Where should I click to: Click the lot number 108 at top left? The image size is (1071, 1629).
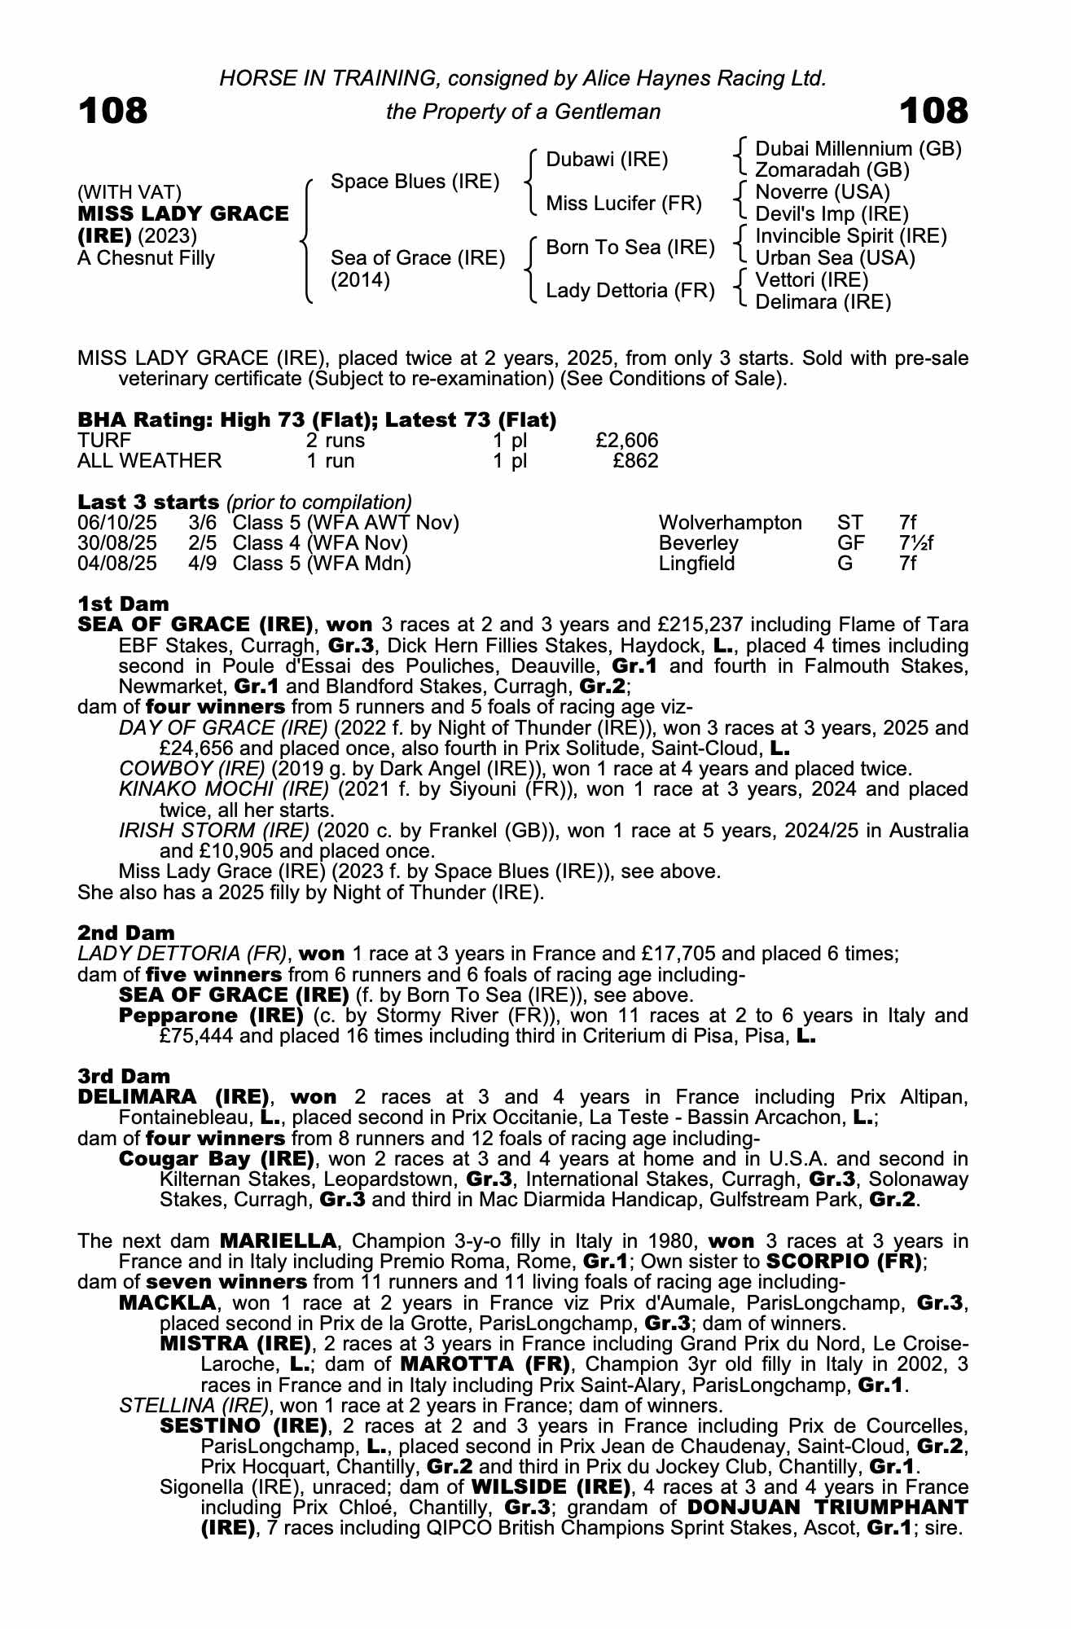coord(113,111)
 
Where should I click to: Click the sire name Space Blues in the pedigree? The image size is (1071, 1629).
coord(415,182)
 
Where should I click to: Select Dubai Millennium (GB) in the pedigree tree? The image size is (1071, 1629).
coord(858,149)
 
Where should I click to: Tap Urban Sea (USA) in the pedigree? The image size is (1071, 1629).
coord(835,258)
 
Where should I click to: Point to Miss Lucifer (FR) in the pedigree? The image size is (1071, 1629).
coord(623,203)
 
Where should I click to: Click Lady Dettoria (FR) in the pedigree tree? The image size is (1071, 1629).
coord(630,290)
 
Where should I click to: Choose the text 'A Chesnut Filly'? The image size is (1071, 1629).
coord(146,258)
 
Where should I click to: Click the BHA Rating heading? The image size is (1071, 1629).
coord(317,420)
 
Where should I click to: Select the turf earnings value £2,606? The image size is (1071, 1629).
coord(626,441)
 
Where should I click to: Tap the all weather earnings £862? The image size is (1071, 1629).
coord(635,461)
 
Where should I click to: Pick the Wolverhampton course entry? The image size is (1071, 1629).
coord(730,523)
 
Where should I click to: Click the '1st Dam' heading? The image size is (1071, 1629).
coord(123,604)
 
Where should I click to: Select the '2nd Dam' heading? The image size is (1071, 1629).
coord(126,933)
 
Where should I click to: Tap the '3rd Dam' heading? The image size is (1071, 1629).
coord(124,1077)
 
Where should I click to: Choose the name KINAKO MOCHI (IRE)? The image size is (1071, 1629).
coord(224,789)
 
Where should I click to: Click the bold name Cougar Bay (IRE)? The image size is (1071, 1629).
coord(217,1159)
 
